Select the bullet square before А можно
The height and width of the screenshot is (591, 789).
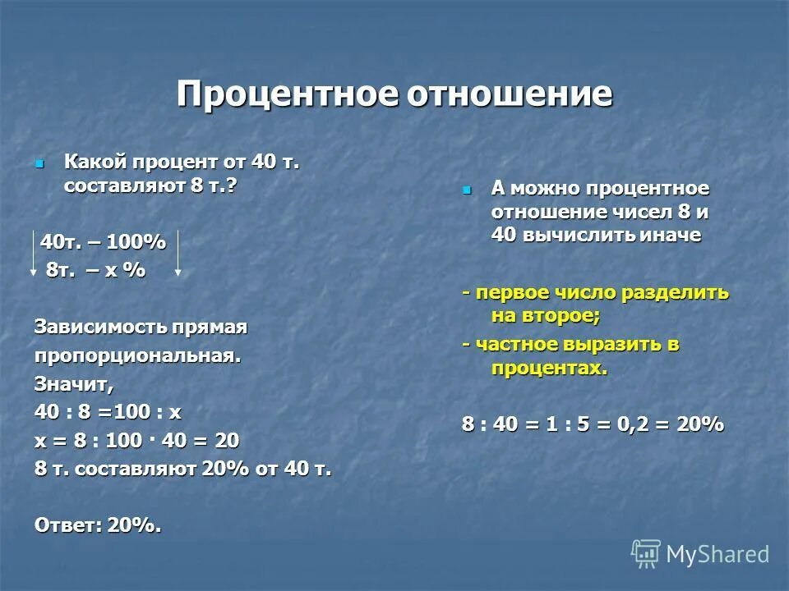coord(468,190)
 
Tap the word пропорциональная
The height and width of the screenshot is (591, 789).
coord(137,356)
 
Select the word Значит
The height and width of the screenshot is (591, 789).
coord(73,383)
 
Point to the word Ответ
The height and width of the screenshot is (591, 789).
coord(67,525)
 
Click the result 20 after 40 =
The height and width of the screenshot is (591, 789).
coord(228,441)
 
